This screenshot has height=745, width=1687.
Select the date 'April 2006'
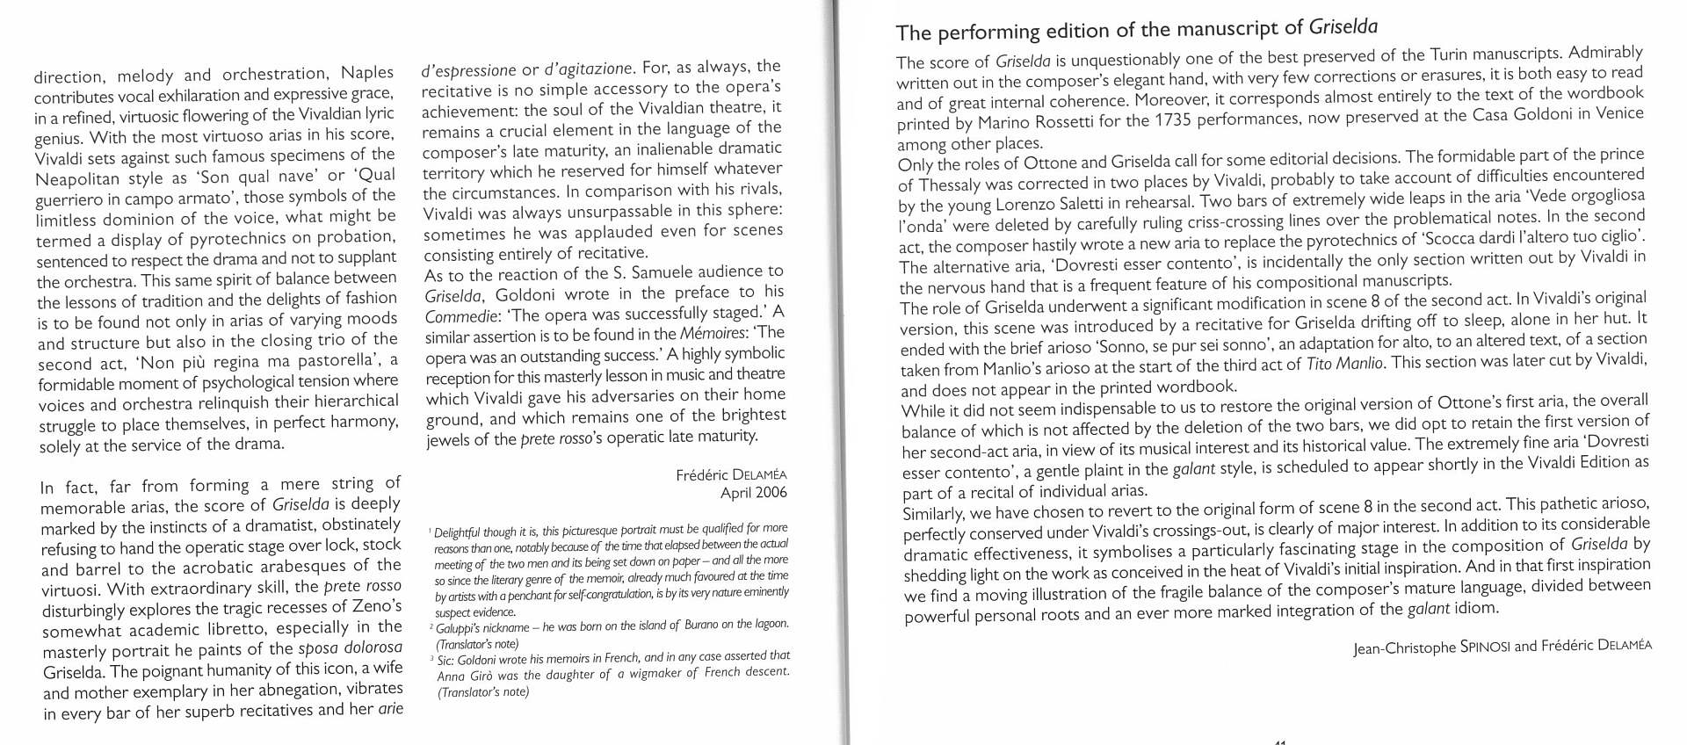tap(753, 492)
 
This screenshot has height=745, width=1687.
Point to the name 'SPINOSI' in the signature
tap(1481, 647)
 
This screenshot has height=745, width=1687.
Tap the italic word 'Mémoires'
tap(710, 333)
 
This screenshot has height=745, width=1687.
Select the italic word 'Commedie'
tap(458, 315)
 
